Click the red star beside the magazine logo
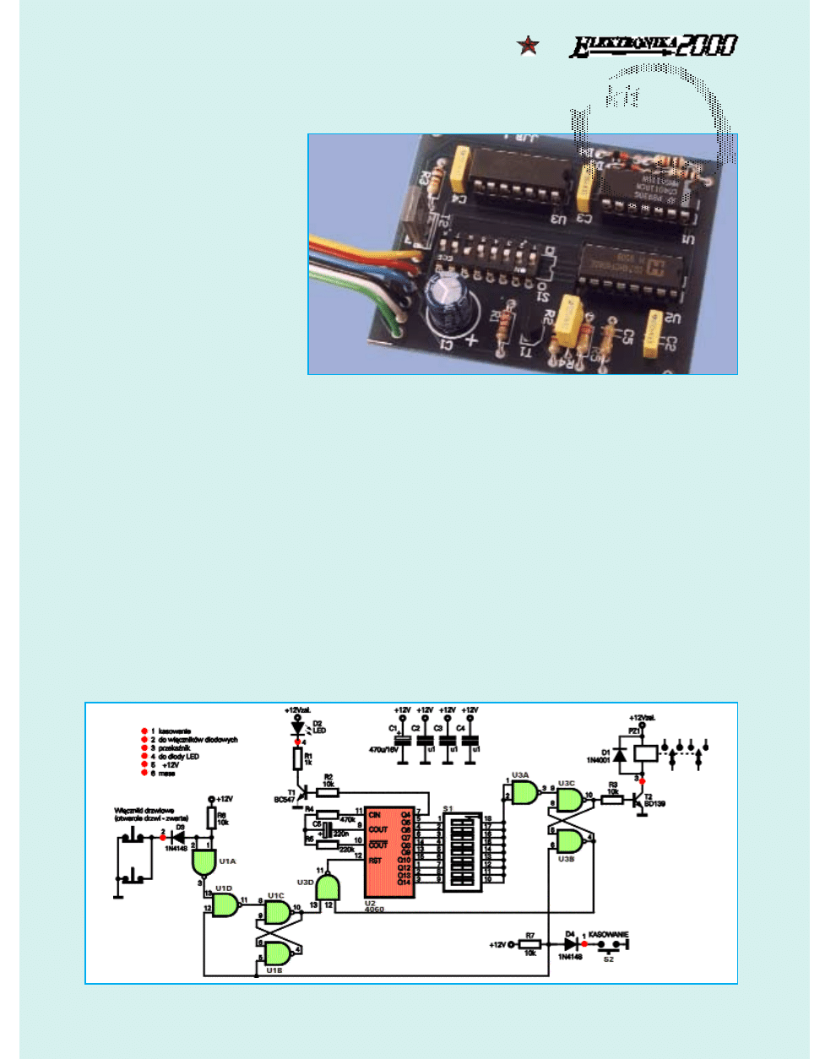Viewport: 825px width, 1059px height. coord(529,45)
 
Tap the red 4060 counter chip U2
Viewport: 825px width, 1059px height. coord(389,851)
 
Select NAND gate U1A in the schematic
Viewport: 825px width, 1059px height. coord(204,861)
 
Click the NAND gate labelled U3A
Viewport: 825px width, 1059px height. coord(524,792)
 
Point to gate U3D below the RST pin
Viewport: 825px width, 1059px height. coord(328,888)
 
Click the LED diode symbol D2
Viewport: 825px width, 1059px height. coord(297,727)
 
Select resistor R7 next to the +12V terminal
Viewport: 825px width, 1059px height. coord(529,944)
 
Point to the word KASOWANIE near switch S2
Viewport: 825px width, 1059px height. coord(608,935)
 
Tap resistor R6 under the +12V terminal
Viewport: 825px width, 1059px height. coord(211,817)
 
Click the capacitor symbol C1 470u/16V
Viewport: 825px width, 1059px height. coord(403,740)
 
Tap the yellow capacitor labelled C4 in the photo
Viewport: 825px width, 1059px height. coord(460,168)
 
